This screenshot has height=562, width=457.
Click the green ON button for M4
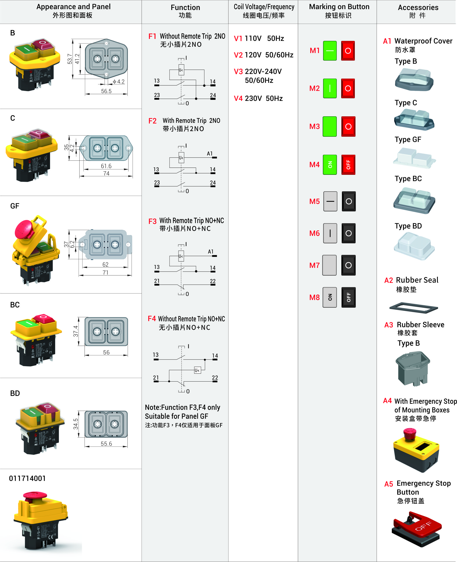(330, 165)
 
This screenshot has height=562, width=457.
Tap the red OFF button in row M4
(348, 165)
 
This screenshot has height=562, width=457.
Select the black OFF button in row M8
(349, 297)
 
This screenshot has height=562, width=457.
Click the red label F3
(152, 221)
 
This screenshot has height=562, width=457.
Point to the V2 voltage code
(238, 55)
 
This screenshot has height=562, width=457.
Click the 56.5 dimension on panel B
(106, 91)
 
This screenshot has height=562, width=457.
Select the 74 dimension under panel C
(106, 173)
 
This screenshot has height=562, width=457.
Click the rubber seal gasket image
(413, 308)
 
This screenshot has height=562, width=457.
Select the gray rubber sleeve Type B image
(412, 369)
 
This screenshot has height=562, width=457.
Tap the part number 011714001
(27, 478)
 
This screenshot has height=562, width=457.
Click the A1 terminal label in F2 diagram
(210, 153)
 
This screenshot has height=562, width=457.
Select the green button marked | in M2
(330, 88)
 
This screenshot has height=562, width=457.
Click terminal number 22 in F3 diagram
(213, 281)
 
